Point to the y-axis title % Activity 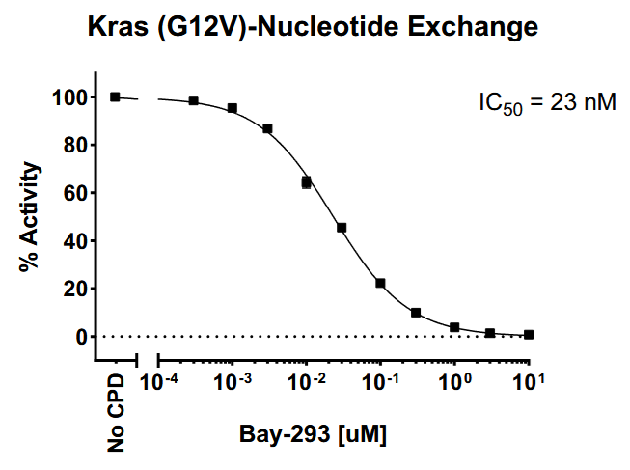[31, 217]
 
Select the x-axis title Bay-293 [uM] [314, 435]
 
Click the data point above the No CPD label [115, 97]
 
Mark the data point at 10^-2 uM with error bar [306, 181]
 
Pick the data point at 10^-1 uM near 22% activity [380, 284]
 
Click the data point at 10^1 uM [529, 335]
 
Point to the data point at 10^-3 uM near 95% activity [233, 108]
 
